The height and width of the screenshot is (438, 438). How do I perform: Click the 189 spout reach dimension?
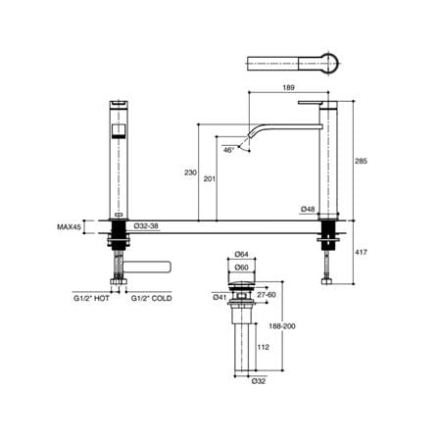point(289,87)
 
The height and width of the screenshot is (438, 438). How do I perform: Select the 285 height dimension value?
point(361,161)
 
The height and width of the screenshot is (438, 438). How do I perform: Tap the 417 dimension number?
point(361,252)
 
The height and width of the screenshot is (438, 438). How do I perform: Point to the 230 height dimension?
point(190,172)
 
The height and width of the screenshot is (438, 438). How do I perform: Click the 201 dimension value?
point(210,178)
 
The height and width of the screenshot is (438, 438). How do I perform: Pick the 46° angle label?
point(229,150)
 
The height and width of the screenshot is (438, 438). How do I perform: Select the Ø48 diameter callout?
point(309,209)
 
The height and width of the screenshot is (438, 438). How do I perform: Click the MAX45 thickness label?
point(69,226)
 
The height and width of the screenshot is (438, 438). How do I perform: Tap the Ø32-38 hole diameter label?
point(147,225)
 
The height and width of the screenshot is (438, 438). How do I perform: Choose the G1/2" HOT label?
point(91,298)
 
